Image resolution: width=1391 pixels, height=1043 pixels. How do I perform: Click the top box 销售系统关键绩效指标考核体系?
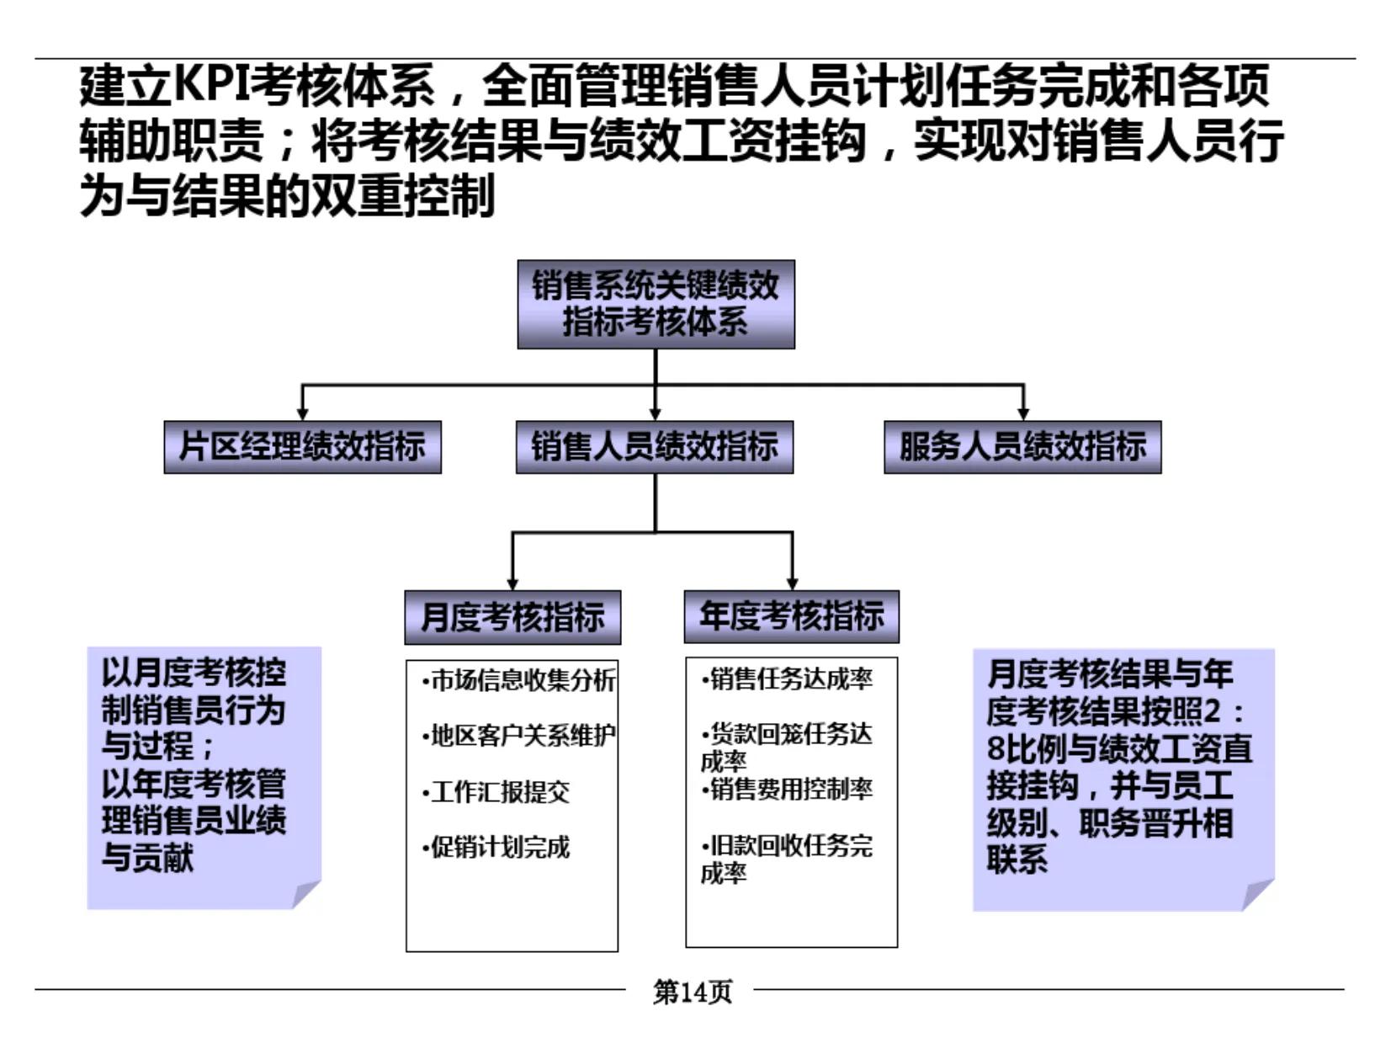(656, 304)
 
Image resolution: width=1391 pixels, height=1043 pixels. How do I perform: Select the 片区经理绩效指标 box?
(302, 447)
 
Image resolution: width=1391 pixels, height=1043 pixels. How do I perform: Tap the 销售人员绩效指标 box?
(655, 447)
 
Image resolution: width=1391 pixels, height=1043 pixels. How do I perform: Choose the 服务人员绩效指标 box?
(1022, 447)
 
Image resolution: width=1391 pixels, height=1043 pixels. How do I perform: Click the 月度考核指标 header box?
(512, 617)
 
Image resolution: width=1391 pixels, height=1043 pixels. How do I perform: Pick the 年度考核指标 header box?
(792, 616)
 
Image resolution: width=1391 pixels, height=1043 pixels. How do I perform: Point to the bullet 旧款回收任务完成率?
(788, 858)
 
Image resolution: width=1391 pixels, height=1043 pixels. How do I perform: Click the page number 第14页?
(692, 992)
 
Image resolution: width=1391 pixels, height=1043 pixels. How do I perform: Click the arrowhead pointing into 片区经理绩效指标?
(302, 412)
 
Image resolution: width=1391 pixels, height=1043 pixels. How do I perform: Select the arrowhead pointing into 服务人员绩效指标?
(1023, 412)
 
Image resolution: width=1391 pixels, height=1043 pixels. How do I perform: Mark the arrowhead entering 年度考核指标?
(792, 583)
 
